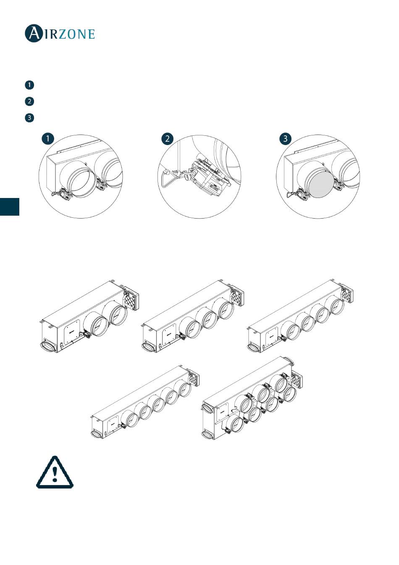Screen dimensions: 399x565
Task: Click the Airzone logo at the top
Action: [x=60, y=33]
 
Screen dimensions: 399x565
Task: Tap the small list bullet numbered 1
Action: [x=29, y=85]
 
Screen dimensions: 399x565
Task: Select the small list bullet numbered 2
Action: [x=29, y=101]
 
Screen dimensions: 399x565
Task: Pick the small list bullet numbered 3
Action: [x=29, y=118]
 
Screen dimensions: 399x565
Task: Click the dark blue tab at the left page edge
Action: [x=10, y=207]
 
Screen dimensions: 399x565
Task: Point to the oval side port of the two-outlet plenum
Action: [x=47, y=346]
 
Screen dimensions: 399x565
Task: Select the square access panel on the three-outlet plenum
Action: [x=170, y=335]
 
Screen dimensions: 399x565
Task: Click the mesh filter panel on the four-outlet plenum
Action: [x=347, y=295]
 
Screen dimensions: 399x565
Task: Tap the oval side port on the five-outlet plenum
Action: [x=97, y=434]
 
